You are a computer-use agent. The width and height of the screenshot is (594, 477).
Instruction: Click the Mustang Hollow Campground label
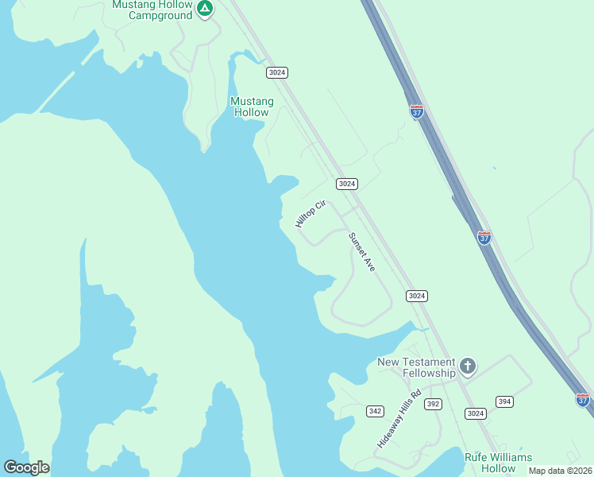coord(152,10)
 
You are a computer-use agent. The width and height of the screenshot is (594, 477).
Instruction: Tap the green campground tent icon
coord(205,9)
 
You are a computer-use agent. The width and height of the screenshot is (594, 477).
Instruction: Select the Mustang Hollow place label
coord(252,107)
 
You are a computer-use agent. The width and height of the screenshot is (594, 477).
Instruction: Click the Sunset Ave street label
coord(361,253)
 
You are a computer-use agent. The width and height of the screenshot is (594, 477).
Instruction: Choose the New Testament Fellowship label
coord(416,367)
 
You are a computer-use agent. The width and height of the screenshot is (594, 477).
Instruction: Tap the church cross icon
coord(468,366)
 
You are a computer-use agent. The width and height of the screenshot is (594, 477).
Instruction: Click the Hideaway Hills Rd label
coord(398,424)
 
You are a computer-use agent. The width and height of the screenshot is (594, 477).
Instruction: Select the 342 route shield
coord(376,411)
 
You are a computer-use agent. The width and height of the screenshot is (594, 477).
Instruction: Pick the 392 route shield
coord(433,404)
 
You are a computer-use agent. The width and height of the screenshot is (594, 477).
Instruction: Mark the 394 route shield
coord(504,401)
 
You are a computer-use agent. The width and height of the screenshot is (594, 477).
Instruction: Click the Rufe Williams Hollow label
coord(499,463)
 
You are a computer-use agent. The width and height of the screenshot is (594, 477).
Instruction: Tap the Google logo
coord(26,467)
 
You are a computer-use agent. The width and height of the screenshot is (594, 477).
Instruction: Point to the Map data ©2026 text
coord(560,471)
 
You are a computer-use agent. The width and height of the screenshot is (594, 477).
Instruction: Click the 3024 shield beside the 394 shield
coord(475,413)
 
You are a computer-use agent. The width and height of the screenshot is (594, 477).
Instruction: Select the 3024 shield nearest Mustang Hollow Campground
coord(277,72)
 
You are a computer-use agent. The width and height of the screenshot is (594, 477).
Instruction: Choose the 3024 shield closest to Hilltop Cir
coord(347,184)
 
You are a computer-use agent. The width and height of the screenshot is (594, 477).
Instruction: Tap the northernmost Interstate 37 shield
coord(417,111)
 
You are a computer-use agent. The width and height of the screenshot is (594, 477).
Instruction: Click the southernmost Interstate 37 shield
coord(583,400)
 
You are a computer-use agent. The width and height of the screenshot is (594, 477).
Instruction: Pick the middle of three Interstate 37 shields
coord(484,237)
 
